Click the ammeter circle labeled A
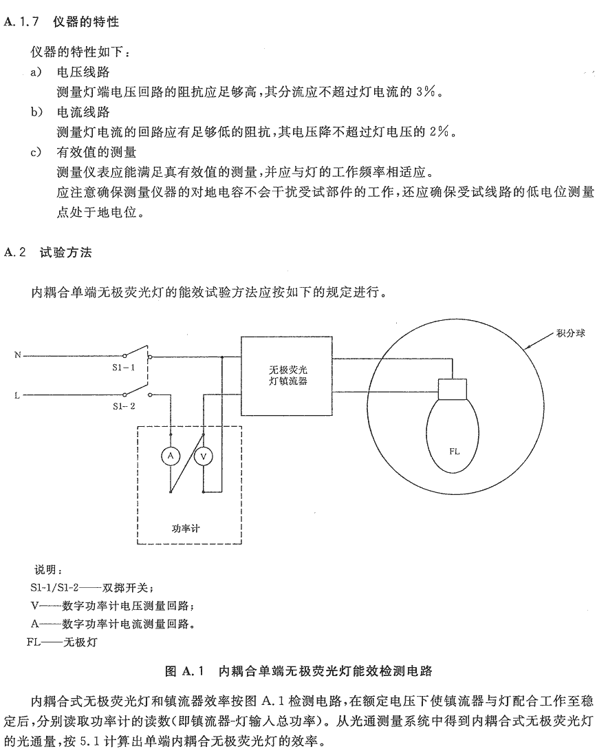(x=171, y=456)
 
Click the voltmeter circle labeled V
(x=204, y=456)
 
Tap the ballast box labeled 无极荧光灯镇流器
(x=286, y=376)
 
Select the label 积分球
(x=570, y=333)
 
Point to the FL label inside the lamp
(x=455, y=452)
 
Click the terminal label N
(x=18, y=355)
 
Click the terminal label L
(x=17, y=396)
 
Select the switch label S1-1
(x=124, y=368)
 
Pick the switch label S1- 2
(x=124, y=406)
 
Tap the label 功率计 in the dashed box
(x=186, y=528)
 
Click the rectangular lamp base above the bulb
(x=453, y=389)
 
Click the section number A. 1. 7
(x=21, y=22)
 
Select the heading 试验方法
(x=66, y=252)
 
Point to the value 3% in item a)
(x=425, y=92)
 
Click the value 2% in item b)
(x=439, y=132)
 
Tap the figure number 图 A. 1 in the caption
(x=184, y=671)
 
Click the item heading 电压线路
(x=83, y=72)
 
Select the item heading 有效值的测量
(x=96, y=152)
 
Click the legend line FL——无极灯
(x=62, y=642)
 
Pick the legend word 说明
(x=48, y=569)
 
